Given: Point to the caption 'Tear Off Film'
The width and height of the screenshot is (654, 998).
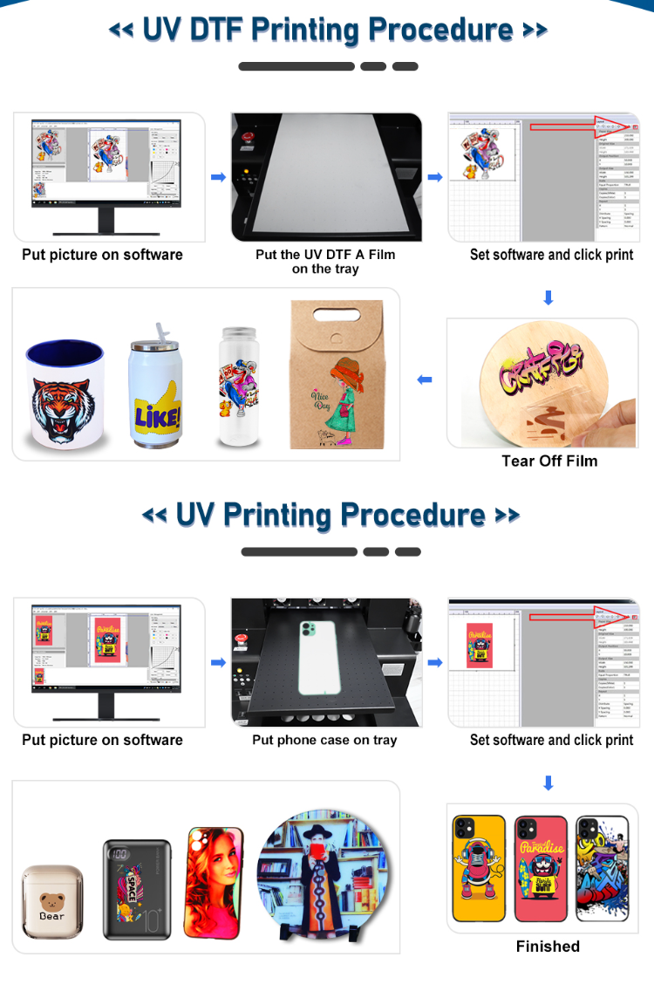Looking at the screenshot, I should pos(549,461).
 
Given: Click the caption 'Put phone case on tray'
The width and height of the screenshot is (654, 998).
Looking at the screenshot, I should pos(324,740).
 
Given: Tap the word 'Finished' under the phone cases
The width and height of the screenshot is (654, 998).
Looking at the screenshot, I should pos(548,946).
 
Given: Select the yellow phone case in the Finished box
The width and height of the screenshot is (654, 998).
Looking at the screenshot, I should pos(479,868).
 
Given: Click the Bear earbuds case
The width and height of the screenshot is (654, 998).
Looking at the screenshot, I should pos(52,903).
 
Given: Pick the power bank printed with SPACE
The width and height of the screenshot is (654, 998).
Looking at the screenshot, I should pos(138,890).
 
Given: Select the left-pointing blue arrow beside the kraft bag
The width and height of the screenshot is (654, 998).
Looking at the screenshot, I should pos(425,379).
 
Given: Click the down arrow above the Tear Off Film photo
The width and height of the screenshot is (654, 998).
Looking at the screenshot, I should pos(548,297).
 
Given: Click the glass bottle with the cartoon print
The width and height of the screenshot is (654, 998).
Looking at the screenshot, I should pos(238,388).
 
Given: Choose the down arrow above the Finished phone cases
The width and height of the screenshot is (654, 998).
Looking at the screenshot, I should pos(548,783).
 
